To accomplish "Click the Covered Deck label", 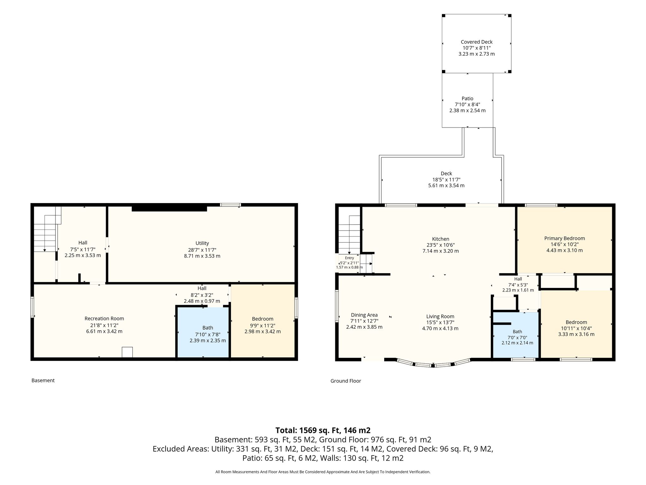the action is (x=476, y=42).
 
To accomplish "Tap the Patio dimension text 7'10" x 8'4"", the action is (x=467, y=105).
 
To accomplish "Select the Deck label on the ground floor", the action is (x=446, y=173).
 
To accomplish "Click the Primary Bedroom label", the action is (x=565, y=238).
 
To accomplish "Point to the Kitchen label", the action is (x=441, y=239).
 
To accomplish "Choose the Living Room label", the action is (x=440, y=316).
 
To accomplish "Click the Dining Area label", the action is (x=364, y=315).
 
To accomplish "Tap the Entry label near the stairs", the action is (x=349, y=258).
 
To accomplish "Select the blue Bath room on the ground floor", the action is (x=516, y=335).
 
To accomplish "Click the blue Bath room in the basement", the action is (x=203, y=332).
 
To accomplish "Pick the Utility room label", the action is (x=202, y=243).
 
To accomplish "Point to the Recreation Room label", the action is (x=104, y=319).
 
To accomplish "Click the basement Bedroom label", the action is (x=262, y=319).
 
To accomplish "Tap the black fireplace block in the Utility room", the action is (x=169, y=208).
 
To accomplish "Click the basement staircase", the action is (x=47, y=229).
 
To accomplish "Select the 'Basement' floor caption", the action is (x=43, y=380).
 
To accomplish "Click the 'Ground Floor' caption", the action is (x=346, y=381).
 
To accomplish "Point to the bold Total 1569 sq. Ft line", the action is (x=323, y=430).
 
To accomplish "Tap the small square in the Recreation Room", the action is (x=127, y=352).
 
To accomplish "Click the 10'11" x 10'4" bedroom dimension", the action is (x=576, y=328).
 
